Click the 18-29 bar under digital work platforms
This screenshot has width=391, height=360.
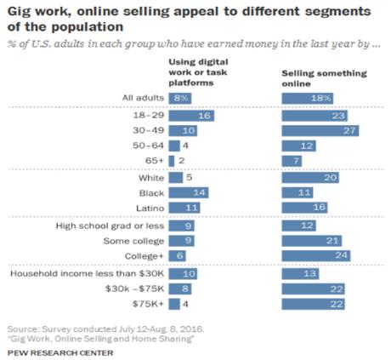[191, 115]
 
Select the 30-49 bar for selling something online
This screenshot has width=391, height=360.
[322, 131]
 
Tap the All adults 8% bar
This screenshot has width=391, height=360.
[180, 99]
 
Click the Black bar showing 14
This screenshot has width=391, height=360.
[189, 194]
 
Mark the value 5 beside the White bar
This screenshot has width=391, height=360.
[189, 179]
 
